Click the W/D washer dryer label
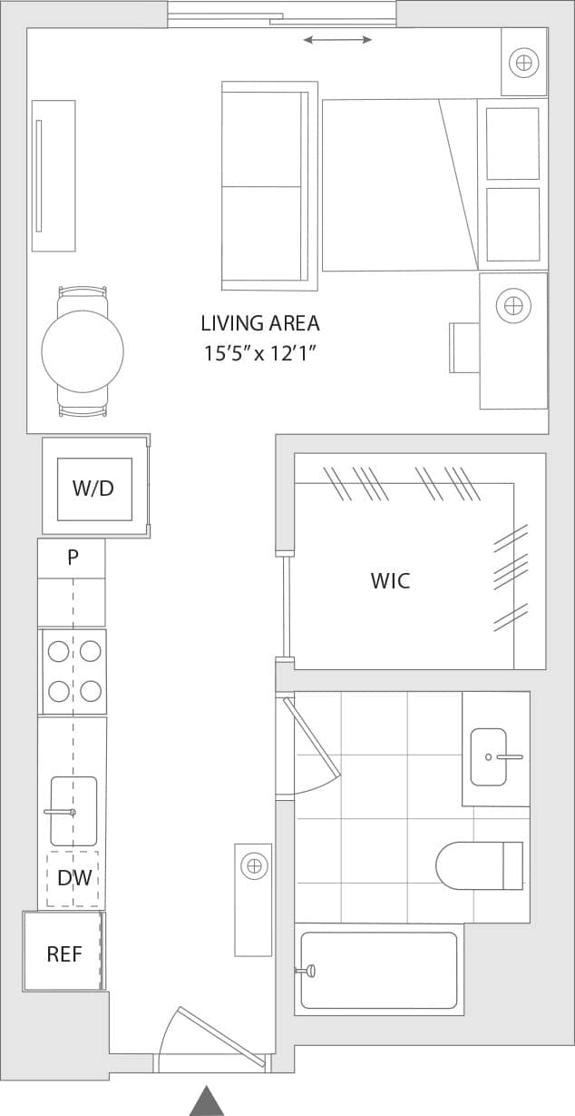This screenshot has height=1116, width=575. click(93, 489)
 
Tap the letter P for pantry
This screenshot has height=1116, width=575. click(73, 558)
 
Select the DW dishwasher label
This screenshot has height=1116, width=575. click(73, 878)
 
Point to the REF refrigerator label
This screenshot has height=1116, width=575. click(64, 954)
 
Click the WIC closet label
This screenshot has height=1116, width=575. click(390, 581)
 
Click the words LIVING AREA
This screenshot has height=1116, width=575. click(260, 323)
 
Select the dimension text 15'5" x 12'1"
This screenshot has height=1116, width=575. click(260, 353)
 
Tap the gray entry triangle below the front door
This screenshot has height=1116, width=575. click(207, 1101)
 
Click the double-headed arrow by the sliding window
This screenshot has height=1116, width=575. click(337, 40)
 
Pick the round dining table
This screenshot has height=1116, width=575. click(83, 351)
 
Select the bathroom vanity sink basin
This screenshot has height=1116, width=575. click(489, 756)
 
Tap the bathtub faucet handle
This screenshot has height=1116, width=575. click(308, 971)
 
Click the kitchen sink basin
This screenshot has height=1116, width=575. click(73, 811)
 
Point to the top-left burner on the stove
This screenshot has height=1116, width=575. click(59, 651)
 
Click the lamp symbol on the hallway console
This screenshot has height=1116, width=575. click(255, 866)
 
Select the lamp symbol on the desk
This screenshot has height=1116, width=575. click(513, 305)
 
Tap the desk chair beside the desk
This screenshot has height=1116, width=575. click(463, 347)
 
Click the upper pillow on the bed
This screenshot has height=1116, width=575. click(512, 143)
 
